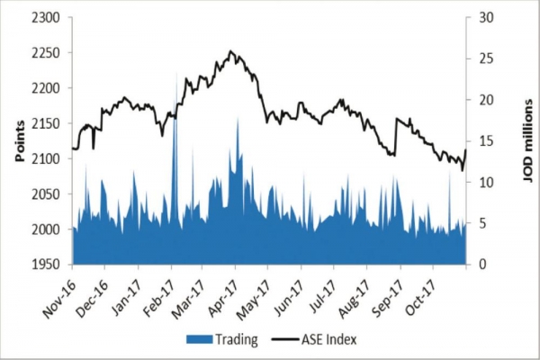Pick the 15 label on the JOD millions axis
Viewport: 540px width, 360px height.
coord(485,141)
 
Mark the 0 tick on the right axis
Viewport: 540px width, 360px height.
coord(481,265)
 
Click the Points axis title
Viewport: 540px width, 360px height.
coord(17,141)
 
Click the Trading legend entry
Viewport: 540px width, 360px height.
coord(237,339)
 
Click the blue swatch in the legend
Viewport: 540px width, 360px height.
coord(197,339)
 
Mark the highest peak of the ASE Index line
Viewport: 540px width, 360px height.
coord(231,51)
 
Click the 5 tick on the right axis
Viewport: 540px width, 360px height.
coord(481,223)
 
